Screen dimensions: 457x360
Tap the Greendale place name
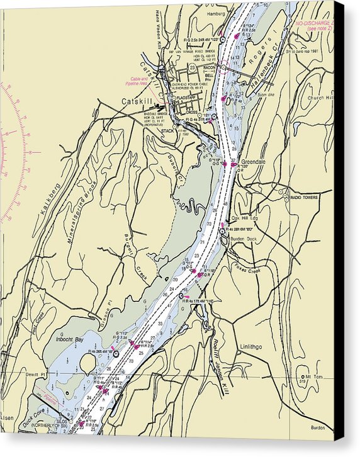tap(253, 162)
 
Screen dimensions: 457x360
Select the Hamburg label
tap(214, 13)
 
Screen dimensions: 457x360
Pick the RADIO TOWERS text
tap(303, 198)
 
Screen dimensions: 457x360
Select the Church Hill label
tap(322, 98)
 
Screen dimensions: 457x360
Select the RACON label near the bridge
tap(210, 67)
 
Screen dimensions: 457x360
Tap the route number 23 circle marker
tap(191, 67)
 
